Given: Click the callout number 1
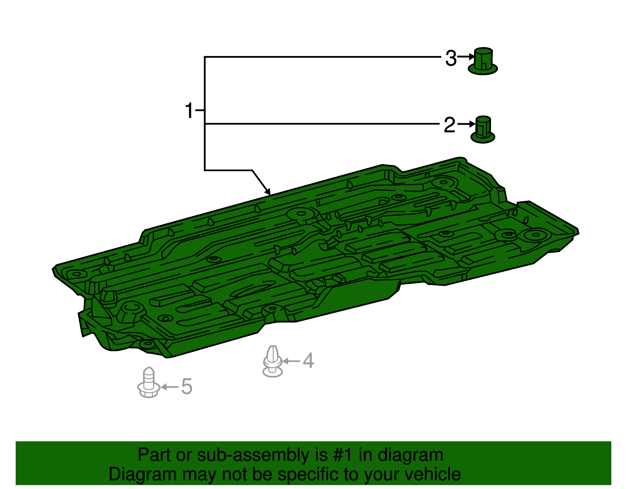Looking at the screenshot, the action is coord(189,110).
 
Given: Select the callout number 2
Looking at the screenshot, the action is coord(449,125).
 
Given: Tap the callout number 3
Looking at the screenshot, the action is coord(451,58).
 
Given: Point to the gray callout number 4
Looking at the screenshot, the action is coord(308,361).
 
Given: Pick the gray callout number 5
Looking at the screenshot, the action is coord(187,386).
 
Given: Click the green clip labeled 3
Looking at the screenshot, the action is coord(482,61).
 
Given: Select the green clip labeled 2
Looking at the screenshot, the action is coord(483,129).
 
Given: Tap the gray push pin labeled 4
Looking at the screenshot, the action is coord(272,361).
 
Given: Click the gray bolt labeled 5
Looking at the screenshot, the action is coord(149,383).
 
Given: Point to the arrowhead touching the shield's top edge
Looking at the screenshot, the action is coord(268,191).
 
